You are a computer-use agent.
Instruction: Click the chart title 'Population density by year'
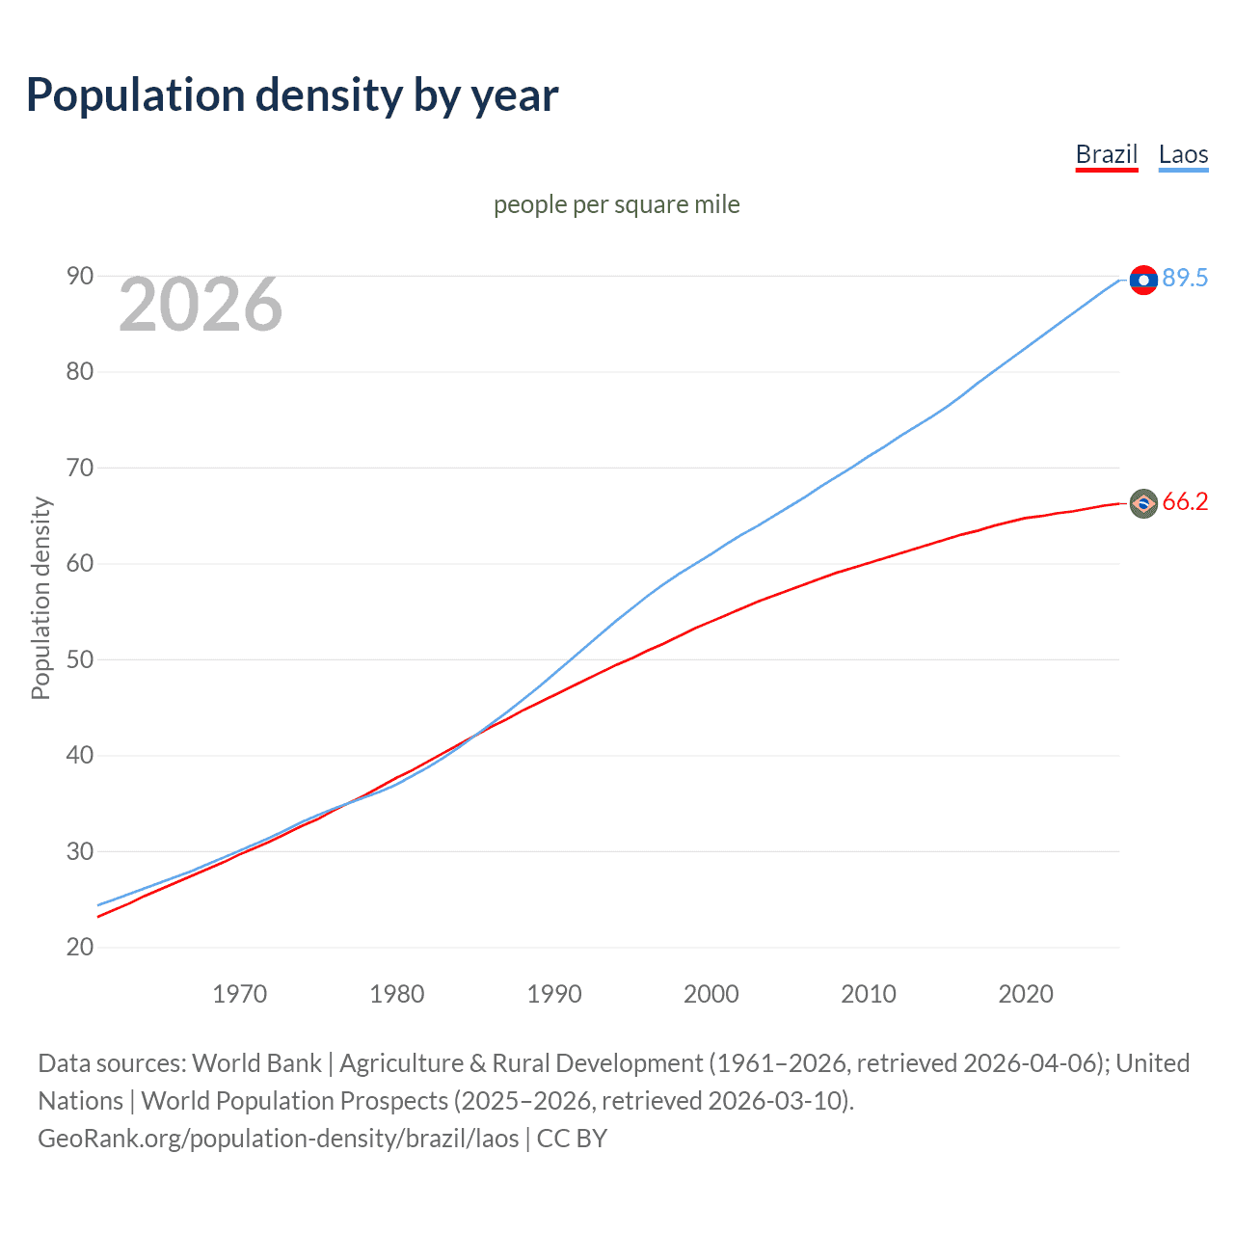click(x=292, y=95)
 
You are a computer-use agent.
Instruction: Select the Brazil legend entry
click(x=1107, y=154)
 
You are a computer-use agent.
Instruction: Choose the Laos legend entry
click(x=1183, y=154)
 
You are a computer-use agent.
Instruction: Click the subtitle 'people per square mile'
click(x=616, y=204)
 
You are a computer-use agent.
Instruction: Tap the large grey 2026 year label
click(x=201, y=305)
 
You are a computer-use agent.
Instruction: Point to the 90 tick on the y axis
click(x=80, y=277)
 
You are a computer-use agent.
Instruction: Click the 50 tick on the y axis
click(x=80, y=660)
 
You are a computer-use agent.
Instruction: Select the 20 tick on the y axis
click(x=80, y=948)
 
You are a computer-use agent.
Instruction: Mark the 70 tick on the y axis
click(x=80, y=469)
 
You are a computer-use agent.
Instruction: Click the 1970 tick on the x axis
click(x=240, y=994)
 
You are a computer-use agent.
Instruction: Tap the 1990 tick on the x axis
click(x=554, y=994)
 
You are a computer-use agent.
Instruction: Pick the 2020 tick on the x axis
click(x=1026, y=994)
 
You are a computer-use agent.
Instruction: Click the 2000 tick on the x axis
click(x=711, y=994)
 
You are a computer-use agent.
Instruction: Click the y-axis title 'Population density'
click(x=40, y=598)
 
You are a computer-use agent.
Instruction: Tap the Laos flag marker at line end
click(x=1143, y=280)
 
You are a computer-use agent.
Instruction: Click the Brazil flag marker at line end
click(x=1143, y=503)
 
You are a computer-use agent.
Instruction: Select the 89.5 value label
click(x=1185, y=279)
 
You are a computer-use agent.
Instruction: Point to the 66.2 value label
click(x=1185, y=502)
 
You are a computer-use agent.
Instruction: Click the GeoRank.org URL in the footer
click(x=279, y=1139)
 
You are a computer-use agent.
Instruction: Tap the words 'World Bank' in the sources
click(x=256, y=1063)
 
